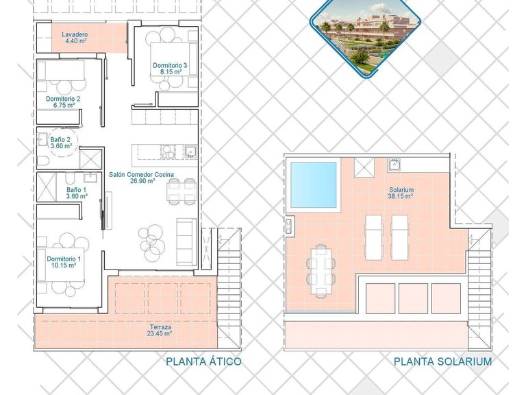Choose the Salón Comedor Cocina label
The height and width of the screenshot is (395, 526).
tap(141, 175)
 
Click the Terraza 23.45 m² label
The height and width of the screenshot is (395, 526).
tap(159, 331)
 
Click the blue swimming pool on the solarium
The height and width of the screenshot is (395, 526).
tap(314, 184)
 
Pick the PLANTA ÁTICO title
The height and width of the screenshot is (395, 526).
tap(203, 361)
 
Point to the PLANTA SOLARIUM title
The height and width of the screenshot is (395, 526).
tap(442, 361)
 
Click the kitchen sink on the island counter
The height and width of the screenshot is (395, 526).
tap(190, 152)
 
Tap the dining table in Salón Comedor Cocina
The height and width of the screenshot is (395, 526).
tap(181, 191)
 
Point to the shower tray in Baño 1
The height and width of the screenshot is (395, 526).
tap(49, 186)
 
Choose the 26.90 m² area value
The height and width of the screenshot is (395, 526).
tap(142, 182)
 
